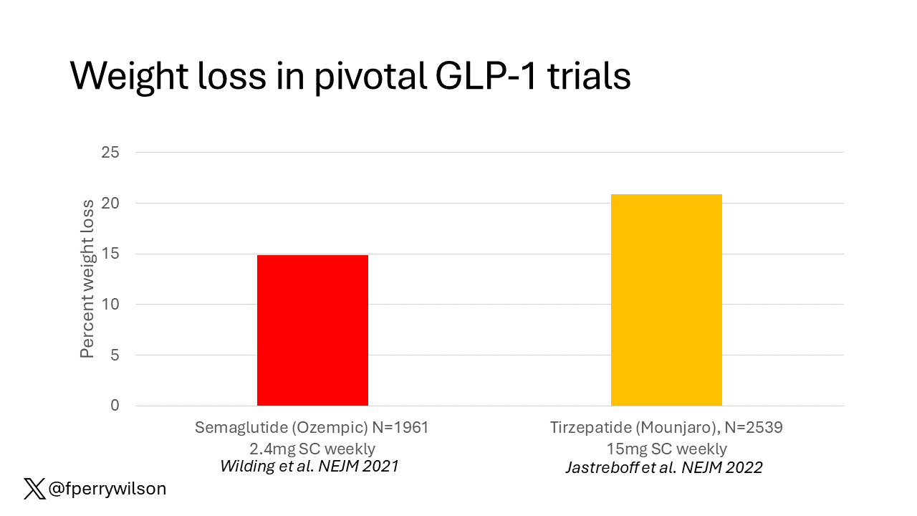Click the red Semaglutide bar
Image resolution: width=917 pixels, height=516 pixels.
tap(312, 330)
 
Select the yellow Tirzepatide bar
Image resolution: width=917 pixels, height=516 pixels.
tap(666, 300)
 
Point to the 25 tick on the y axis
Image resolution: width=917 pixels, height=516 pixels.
tap(110, 153)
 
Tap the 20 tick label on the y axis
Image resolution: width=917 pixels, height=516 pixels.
tap(110, 203)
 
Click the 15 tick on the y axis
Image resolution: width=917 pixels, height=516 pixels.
tap(110, 254)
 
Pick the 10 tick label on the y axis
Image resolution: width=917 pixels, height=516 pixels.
tap(110, 305)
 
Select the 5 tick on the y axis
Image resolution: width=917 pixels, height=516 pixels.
tap(115, 355)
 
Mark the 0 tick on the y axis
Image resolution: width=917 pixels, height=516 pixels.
tap(115, 406)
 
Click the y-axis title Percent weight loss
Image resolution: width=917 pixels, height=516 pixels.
tap(87, 279)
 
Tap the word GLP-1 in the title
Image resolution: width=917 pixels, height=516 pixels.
tap(486, 76)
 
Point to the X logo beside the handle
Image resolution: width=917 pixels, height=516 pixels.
tap(34, 489)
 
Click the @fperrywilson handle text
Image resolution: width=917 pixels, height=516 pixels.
tap(107, 489)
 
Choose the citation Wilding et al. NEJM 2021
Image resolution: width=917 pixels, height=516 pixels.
tap(309, 467)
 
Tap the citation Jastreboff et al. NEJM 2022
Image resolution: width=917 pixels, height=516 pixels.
tap(664, 468)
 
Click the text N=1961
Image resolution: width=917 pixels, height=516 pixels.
tap(400, 428)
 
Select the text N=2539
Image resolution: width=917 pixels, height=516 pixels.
tap(754, 428)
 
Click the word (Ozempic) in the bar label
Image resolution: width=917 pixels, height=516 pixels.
tap(330, 428)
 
